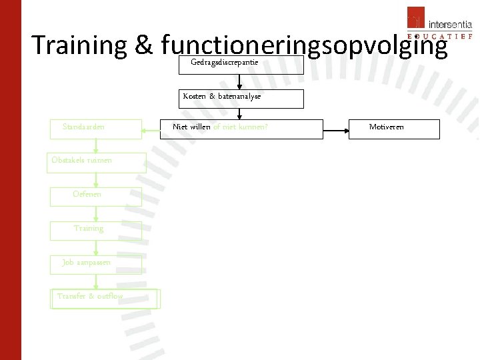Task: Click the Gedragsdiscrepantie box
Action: [x=241, y=65]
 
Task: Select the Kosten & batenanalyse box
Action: [x=241, y=98]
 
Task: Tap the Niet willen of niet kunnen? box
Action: [x=241, y=129]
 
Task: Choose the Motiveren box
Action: [x=395, y=129]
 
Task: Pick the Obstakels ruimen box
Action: [x=96, y=163]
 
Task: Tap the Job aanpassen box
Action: [x=96, y=265]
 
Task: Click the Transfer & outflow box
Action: [x=105, y=299]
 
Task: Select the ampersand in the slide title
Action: [x=144, y=45]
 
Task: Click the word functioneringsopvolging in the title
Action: [x=304, y=45]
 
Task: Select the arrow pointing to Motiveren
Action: [x=336, y=129]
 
